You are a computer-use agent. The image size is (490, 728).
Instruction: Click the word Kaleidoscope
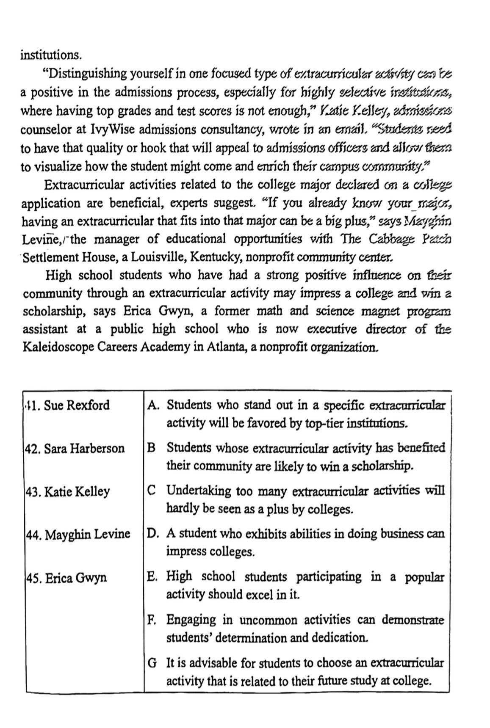59,347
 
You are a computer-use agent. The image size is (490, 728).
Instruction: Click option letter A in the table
152,405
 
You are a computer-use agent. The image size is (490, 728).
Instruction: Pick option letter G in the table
152,663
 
